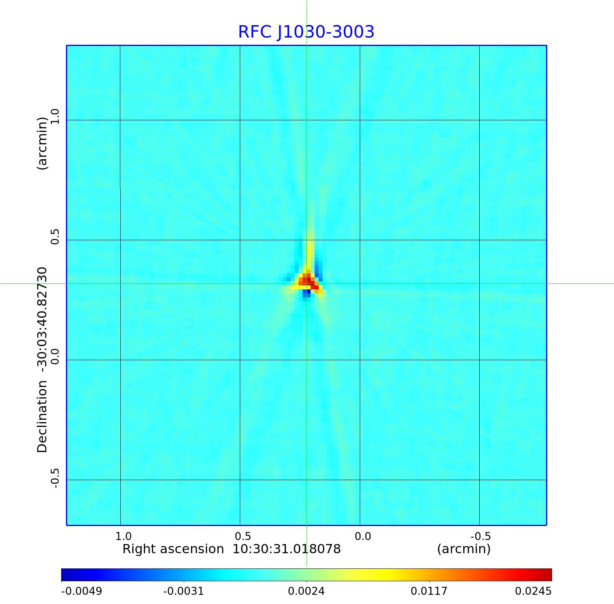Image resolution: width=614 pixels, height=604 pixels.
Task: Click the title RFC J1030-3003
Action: (306, 32)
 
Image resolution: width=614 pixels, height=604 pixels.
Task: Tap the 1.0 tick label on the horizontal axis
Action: (123, 536)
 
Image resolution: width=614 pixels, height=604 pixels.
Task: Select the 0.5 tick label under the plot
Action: (243, 536)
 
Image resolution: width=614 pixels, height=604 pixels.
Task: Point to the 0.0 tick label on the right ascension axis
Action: (363, 536)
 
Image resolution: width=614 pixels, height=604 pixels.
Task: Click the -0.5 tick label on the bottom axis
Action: (480, 536)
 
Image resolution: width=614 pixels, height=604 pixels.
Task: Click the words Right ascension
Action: (173, 549)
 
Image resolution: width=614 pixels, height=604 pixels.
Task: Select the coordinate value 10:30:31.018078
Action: (287, 549)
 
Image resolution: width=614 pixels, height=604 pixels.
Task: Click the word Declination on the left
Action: (42, 417)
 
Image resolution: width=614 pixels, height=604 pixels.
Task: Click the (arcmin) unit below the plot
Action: (464, 549)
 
